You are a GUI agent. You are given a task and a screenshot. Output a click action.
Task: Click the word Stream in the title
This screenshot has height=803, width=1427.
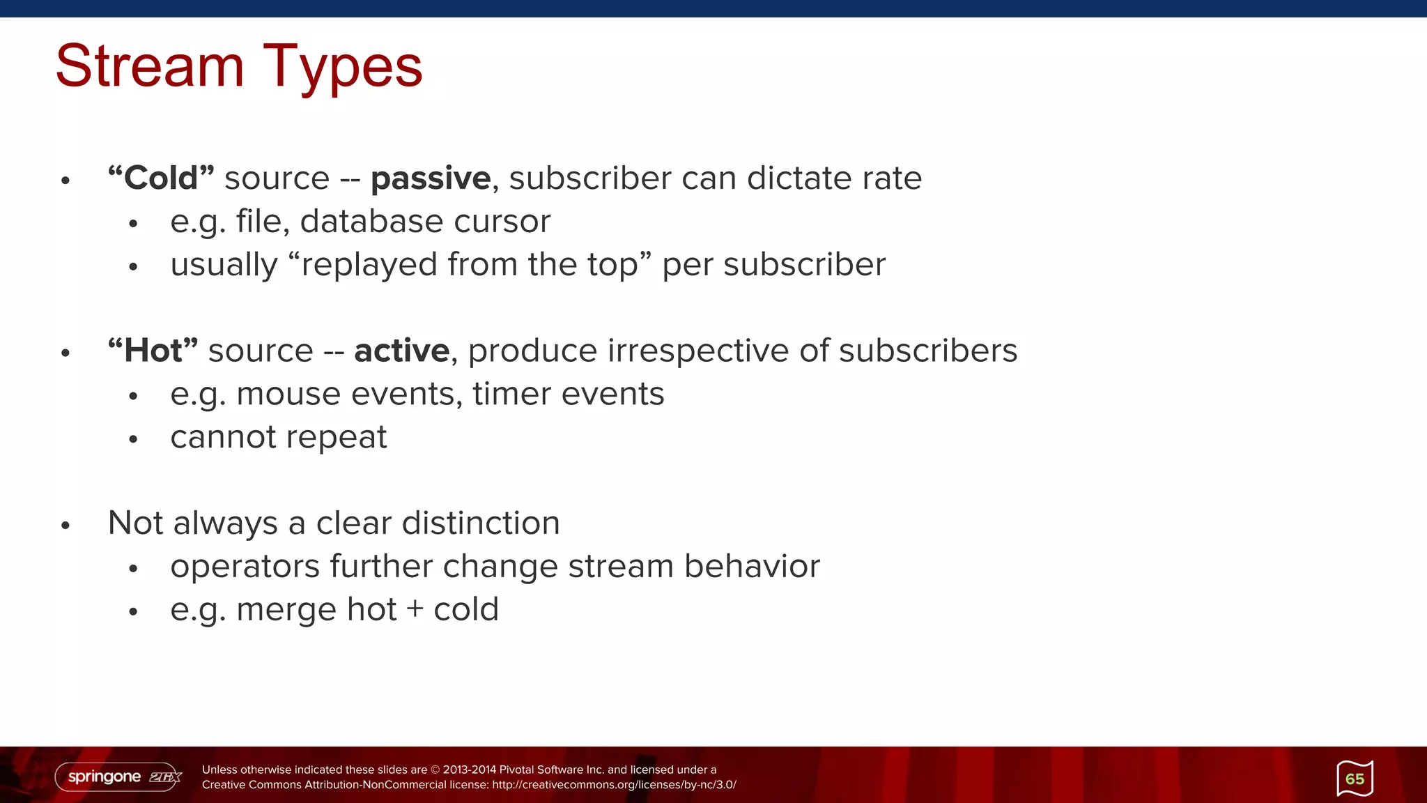point(150,66)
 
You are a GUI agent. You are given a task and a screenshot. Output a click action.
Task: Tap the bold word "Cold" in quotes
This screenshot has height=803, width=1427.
point(161,178)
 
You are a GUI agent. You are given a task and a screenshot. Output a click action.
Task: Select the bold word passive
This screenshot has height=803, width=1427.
point(431,179)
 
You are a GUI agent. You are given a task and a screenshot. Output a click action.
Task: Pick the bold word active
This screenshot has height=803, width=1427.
point(402,351)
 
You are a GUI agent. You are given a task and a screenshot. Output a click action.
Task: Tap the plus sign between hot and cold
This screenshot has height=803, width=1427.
point(415,610)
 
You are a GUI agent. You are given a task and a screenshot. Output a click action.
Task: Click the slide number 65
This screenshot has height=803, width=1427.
point(1355,779)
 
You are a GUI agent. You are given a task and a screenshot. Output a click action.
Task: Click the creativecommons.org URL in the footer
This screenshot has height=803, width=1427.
point(614,785)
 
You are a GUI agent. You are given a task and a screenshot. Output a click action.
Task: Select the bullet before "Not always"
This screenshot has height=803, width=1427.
point(65,526)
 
